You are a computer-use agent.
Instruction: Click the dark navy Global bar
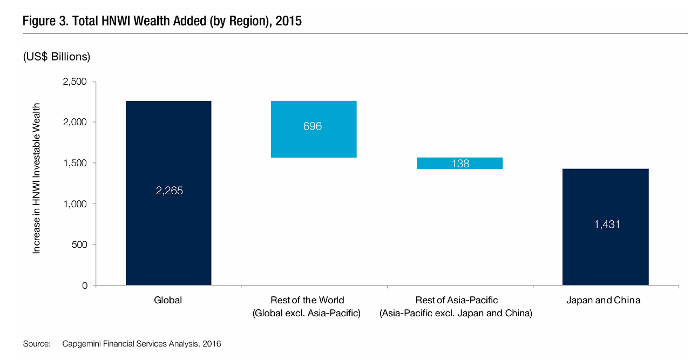[x=168, y=227]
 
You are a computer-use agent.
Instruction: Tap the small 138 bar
[x=460, y=163]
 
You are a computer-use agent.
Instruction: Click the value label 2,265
[x=168, y=191]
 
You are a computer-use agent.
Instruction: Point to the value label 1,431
[x=607, y=225]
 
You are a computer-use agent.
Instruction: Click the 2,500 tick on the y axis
[x=75, y=81]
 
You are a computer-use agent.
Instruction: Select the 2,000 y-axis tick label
[x=75, y=123]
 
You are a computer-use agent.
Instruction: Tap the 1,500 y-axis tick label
[x=75, y=163]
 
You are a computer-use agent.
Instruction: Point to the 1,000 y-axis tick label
[x=75, y=204]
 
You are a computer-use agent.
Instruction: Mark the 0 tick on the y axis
[x=84, y=286]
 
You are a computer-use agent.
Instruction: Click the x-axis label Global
[x=168, y=301]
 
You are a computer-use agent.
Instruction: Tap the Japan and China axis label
[x=603, y=301]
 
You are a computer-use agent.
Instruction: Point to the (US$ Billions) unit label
[x=56, y=57]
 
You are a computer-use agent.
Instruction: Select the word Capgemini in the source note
[x=82, y=344]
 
